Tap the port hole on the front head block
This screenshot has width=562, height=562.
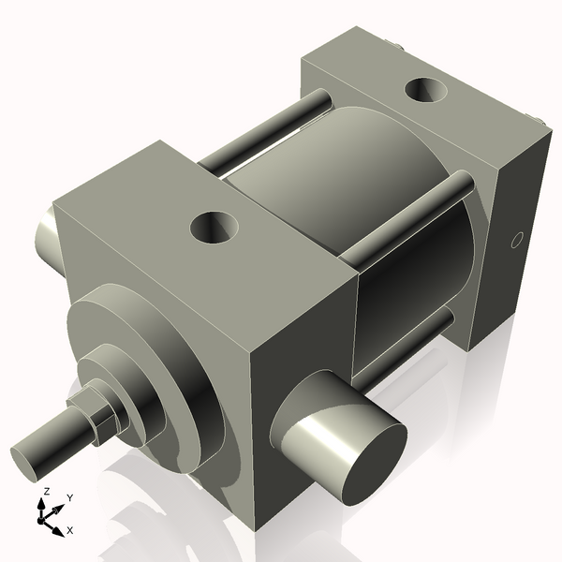(x=214, y=226)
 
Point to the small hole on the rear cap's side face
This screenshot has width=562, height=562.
(x=514, y=241)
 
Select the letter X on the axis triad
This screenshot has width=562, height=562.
(x=70, y=530)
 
